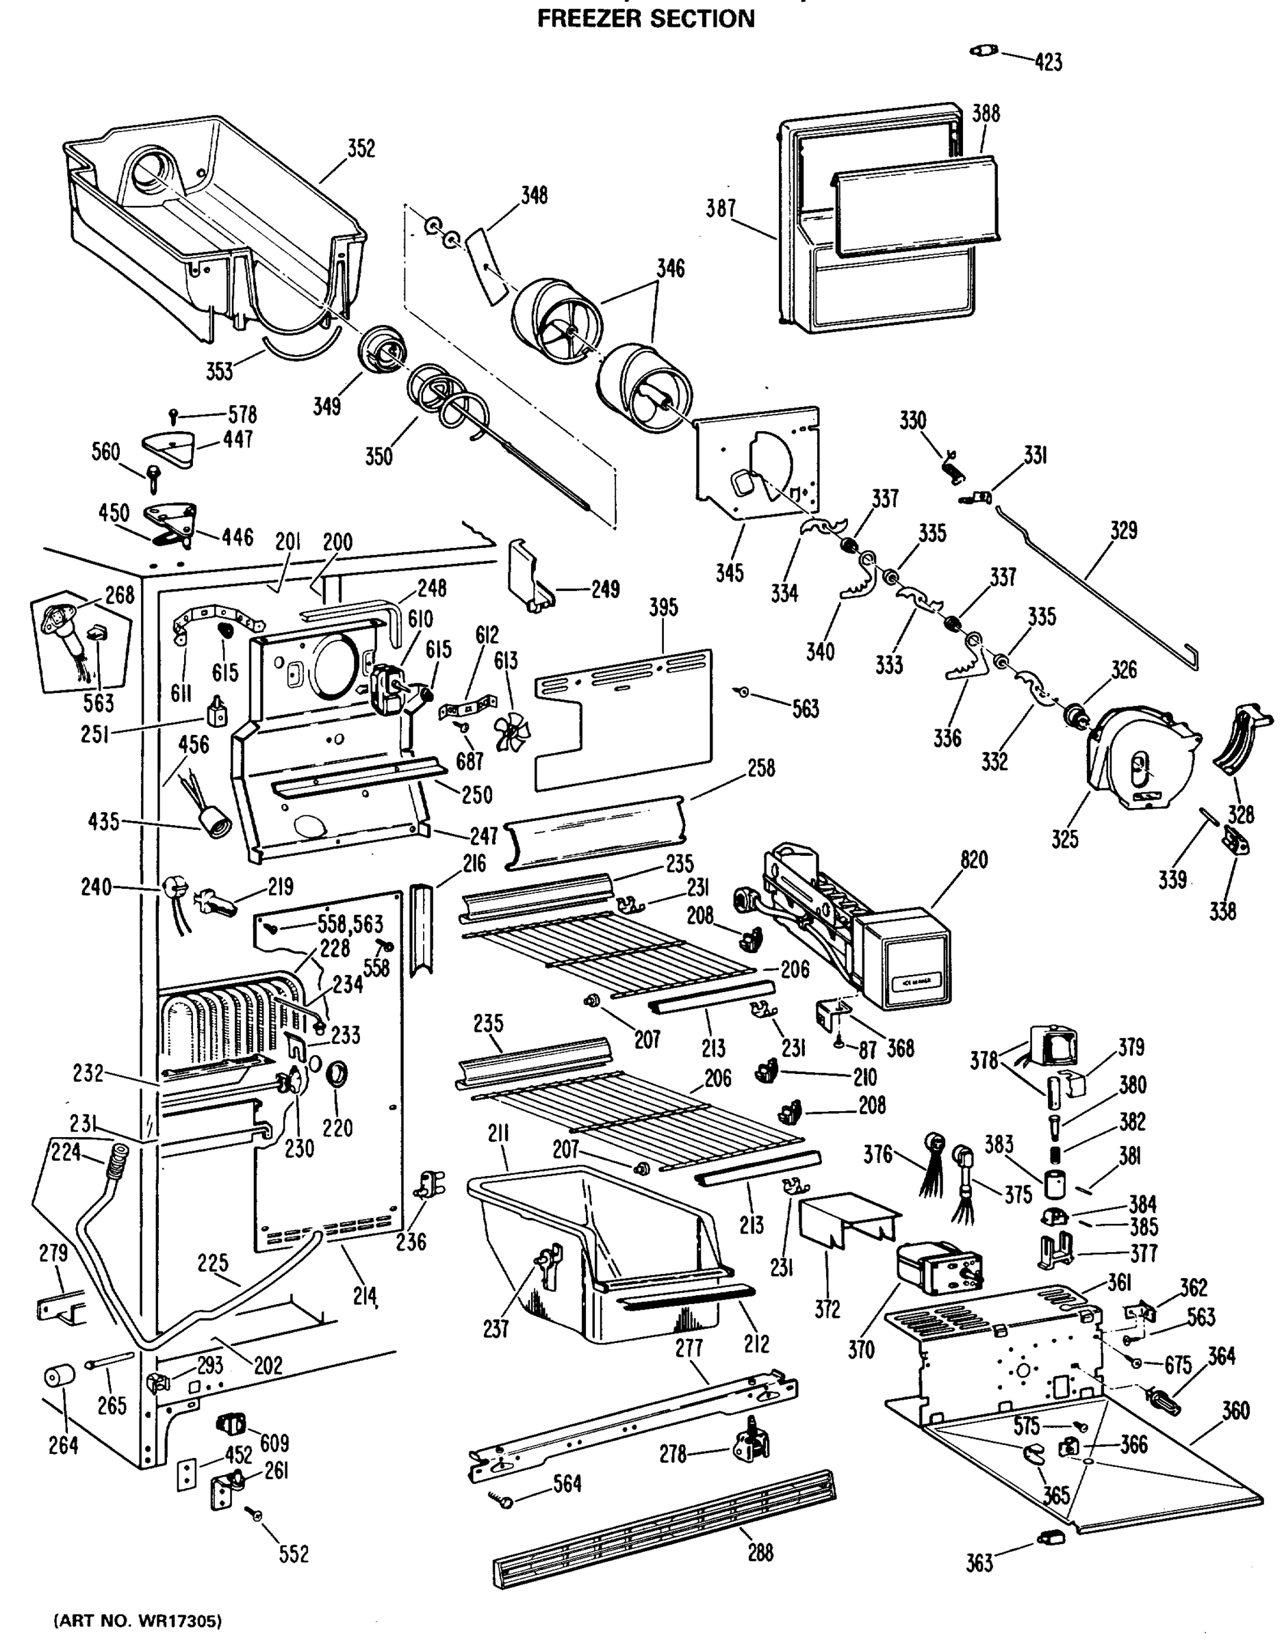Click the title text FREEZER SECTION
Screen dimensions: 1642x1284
645,18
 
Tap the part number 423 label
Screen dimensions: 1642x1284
1048,62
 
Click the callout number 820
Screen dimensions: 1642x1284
973,859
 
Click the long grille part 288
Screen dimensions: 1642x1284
662,1519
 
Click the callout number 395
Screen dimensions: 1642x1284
663,608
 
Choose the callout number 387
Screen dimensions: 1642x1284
720,208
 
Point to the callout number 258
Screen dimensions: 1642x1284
760,768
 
